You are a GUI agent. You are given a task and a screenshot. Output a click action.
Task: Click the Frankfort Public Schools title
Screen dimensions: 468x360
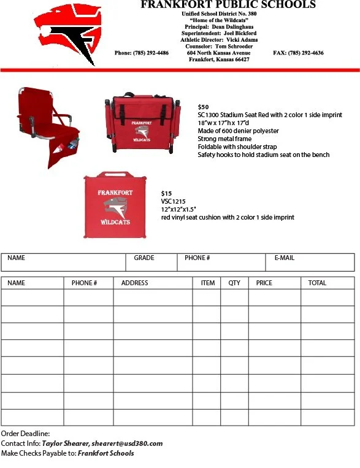pos(228,5)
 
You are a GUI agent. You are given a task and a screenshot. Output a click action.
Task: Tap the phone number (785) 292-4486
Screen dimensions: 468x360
pos(142,53)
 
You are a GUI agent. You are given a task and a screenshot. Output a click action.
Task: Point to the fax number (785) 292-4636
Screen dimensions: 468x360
pos(298,53)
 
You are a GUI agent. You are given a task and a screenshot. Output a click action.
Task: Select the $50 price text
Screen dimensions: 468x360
pos(203,107)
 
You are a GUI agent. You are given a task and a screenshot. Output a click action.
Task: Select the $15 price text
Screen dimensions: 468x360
pos(166,194)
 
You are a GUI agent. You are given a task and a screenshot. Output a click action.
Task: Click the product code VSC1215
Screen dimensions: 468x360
pos(172,202)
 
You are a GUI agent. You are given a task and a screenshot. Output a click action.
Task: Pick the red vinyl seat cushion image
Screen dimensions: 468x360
pos(115,205)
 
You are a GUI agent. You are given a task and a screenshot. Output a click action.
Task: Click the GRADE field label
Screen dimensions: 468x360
pos(144,258)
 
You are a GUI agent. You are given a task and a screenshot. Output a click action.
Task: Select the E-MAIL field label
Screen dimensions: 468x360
pos(284,258)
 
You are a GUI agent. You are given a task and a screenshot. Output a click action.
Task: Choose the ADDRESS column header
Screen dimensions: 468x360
pos(134,283)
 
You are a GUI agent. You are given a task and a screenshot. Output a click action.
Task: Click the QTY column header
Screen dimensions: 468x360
pos(234,283)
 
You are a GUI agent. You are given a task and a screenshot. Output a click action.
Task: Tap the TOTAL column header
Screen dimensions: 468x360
pos(317,283)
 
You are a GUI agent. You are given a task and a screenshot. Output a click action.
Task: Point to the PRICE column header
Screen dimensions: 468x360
pos(264,283)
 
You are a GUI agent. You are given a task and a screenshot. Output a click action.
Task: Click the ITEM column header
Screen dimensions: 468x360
pos(208,283)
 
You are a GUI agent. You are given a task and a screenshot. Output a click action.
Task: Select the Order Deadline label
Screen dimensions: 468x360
pos(25,434)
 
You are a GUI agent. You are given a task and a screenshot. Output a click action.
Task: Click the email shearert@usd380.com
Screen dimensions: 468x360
pos(127,443)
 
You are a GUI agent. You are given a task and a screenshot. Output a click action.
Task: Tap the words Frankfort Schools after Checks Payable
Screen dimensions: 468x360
pos(105,453)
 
